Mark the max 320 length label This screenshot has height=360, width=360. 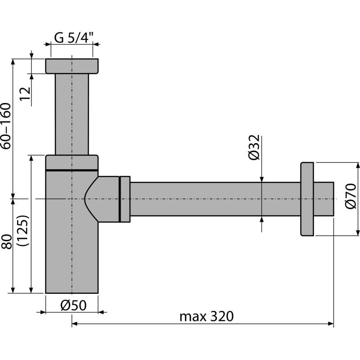coord(207,316)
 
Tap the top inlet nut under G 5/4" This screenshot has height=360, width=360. coord(72,66)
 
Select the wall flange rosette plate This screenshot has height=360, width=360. coord(307,199)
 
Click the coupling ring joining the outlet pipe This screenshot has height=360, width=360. coord(125,199)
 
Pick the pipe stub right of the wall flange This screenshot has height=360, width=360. coord(324,199)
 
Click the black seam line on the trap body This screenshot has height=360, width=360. coord(72,170)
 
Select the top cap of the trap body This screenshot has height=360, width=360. coord(72,162)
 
